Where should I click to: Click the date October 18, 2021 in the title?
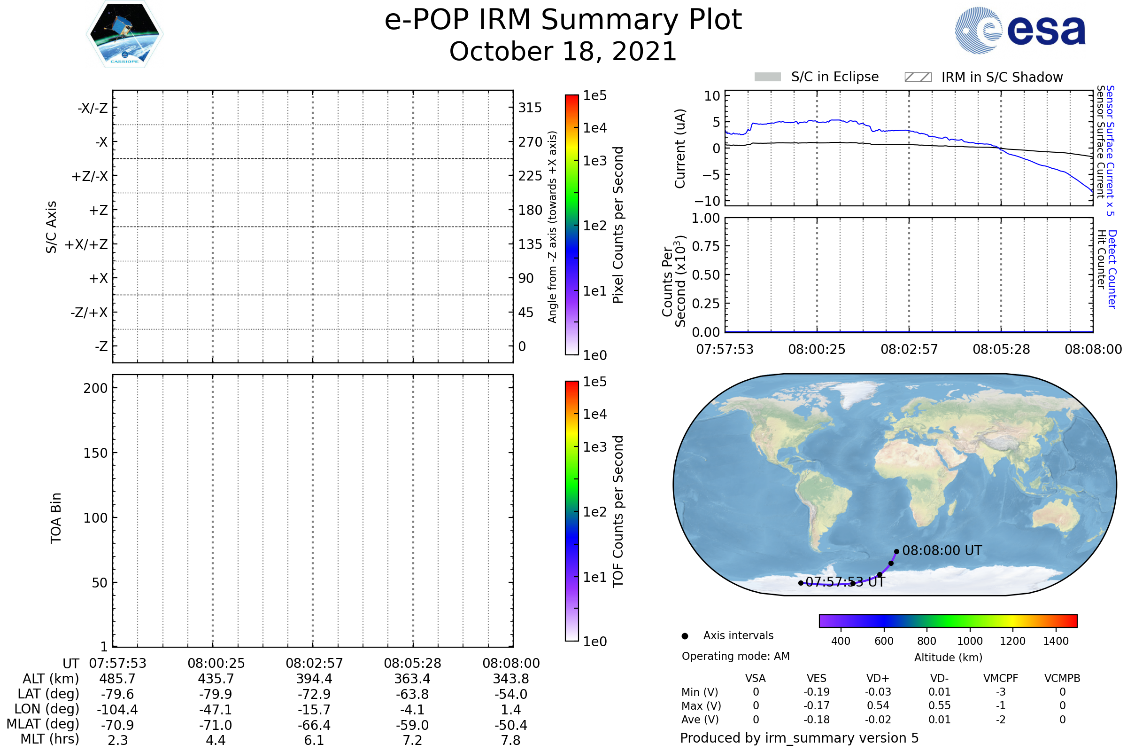[563, 52]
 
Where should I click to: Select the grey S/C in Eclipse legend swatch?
[768, 77]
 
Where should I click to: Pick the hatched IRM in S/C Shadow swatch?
[918, 77]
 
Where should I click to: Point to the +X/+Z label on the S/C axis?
[86, 244]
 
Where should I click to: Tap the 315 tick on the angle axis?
[530, 108]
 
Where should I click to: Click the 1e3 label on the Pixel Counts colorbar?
[594, 161]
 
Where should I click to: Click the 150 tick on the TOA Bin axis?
[95, 453]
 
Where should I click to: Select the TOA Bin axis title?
[55, 518]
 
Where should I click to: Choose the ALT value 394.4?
[314, 679]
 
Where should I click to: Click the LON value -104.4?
[117, 710]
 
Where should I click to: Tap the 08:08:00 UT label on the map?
[942, 550]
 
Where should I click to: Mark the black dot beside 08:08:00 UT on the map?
[896, 551]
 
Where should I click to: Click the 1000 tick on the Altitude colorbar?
[970, 641]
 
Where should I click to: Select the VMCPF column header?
[1001, 679]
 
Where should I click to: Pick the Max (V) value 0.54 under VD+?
[878, 706]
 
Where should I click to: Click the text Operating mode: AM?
[735, 656]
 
